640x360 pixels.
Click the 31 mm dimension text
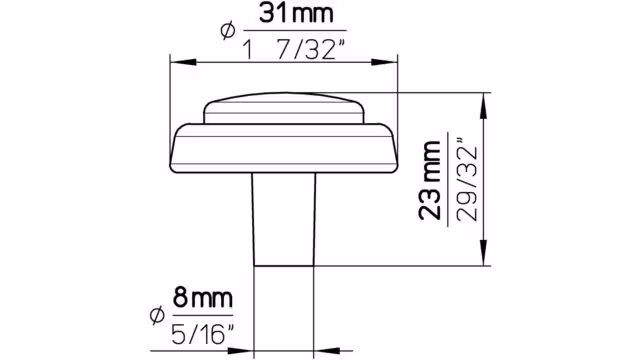(x=296, y=14)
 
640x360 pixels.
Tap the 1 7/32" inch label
(x=294, y=49)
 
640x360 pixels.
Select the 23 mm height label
(x=430, y=180)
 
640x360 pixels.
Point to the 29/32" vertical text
(x=467, y=180)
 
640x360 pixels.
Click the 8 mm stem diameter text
(x=203, y=298)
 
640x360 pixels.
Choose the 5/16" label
(x=204, y=334)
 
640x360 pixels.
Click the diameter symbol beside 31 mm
(x=228, y=31)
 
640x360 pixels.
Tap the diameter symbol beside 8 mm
(x=157, y=315)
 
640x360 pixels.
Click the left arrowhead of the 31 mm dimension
(x=183, y=62)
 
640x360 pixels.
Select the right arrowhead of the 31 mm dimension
(x=384, y=62)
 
